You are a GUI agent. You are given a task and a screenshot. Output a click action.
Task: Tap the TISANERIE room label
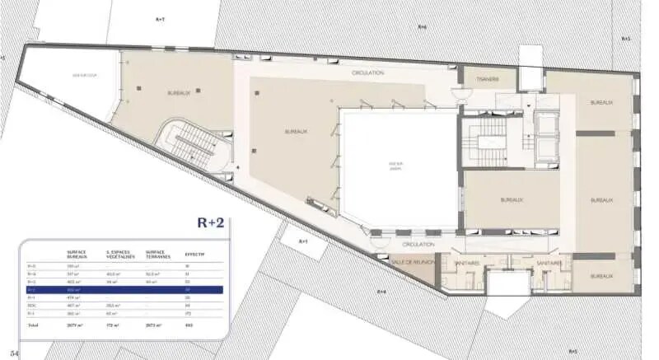(x=490, y=81)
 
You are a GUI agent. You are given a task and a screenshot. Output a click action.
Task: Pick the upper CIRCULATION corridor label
(x=367, y=72)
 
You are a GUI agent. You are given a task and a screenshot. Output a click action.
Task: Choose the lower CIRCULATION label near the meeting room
(x=418, y=245)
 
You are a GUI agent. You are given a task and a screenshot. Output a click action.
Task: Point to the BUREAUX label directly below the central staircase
(x=512, y=200)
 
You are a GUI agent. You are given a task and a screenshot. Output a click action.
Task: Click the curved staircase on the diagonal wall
(x=191, y=145)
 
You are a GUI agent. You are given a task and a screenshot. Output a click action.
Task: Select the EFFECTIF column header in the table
(x=194, y=255)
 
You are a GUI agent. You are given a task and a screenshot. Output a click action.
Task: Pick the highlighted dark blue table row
(x=123, y=290)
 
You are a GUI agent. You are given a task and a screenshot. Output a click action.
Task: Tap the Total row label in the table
(x=32, y=325)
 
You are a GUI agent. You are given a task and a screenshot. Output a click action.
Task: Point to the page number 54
(x=14, y=352)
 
